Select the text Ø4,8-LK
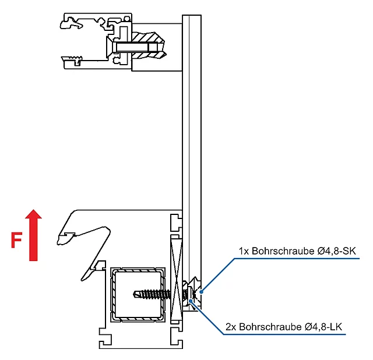tap(325, 328)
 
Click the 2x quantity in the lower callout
tap(231, 328)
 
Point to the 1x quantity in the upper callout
tap(244, 251)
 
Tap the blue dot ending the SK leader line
tap(202, 286)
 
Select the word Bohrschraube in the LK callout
tap(271, 328)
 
